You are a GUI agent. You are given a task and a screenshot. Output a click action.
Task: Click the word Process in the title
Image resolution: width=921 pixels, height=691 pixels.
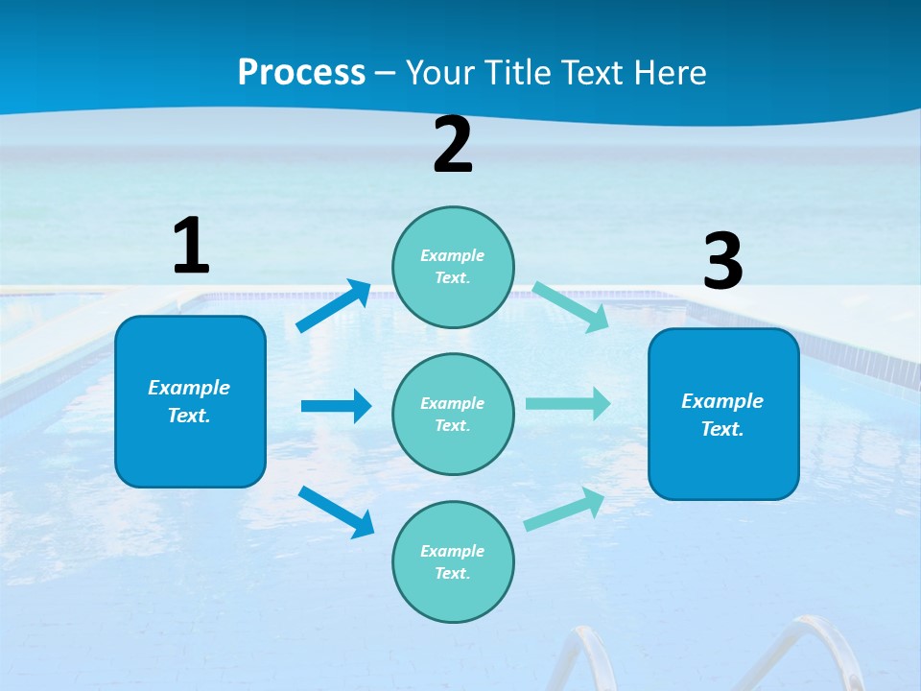[x=301, y=72]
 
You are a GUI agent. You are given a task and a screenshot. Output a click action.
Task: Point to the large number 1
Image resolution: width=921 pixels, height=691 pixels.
[x=190, y=246]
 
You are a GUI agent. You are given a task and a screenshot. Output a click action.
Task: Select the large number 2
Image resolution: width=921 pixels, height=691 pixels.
[x=453, y=145]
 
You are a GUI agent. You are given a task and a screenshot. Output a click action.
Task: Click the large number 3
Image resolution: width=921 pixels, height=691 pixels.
[x=722, y=262]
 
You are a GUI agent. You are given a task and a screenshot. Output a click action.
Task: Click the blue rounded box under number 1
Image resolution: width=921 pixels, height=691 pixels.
[x=190, y=401]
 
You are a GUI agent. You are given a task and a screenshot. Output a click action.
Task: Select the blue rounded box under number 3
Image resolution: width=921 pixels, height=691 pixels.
[x=723, y=414]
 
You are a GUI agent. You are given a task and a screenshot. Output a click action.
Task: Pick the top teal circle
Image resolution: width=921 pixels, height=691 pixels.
[x=453, y=267]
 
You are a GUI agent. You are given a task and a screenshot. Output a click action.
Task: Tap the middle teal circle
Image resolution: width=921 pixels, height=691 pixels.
[x=453, y=414]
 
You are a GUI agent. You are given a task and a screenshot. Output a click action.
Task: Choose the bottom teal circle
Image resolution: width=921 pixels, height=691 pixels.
[x=453, y=561]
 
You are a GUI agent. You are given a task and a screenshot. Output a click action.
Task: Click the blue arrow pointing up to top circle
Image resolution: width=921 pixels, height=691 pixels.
[x=334, y=306]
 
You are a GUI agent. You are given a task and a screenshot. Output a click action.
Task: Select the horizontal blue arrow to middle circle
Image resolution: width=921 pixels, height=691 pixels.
[x=336, y=406]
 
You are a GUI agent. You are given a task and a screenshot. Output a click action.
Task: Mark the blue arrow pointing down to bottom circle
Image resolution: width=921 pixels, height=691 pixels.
[x=336, y=512]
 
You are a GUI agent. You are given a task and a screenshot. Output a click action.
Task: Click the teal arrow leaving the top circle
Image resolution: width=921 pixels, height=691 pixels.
[x=570, y=306]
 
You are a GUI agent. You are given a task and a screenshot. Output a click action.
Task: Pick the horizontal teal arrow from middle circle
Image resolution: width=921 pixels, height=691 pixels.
[x=568, y=403]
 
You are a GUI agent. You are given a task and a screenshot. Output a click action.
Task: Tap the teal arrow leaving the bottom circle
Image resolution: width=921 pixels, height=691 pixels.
[x=565, y=509]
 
